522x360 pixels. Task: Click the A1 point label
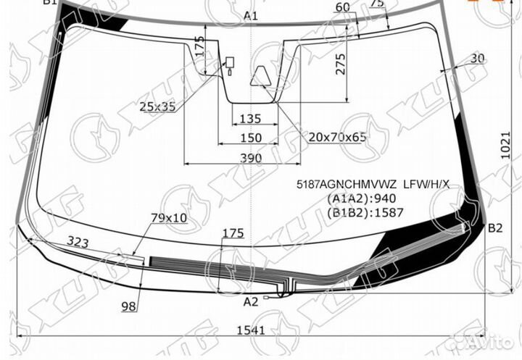coord(251,16)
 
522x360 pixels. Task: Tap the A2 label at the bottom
coord(251,302)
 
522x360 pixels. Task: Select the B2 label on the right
coord(494,228)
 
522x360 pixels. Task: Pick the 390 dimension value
coord(251,158)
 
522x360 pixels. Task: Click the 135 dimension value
coord(250,119)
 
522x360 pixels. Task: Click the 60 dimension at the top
coord(343,7)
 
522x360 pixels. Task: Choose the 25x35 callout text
coord(158,107)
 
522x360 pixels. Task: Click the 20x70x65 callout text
coord(338,136)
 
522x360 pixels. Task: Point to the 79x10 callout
coord(168,217)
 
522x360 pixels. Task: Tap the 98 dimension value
coord(129,307)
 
